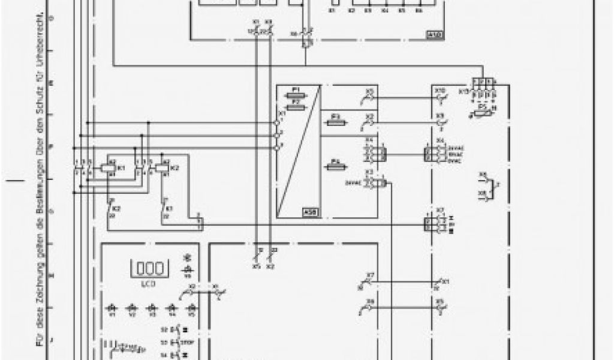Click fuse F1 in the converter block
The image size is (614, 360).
pyautogui.click(x=296, y=95)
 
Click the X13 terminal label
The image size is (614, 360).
pyautogui.click(x=463, y=91)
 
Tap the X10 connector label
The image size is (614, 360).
pyautogui.click(x=440, y=91)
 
